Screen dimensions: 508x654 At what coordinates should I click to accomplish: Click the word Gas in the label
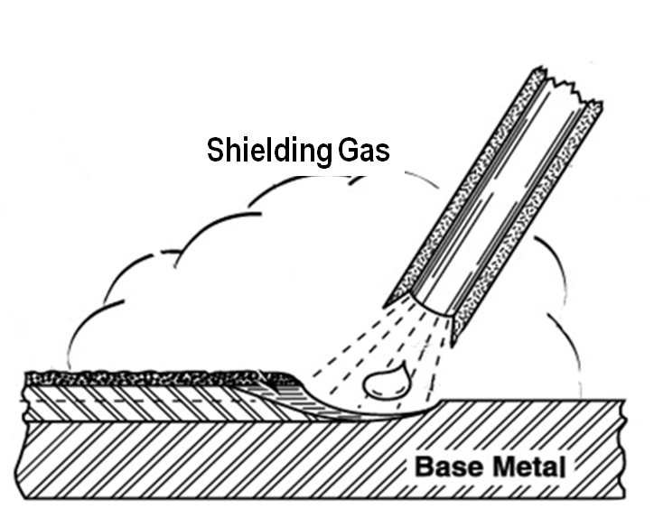click(364, 151)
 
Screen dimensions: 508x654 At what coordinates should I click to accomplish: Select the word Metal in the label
click(531, 467)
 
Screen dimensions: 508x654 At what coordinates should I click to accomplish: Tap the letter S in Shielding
click(216, 151)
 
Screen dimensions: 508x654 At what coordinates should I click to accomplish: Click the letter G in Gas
click(349, 151)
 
